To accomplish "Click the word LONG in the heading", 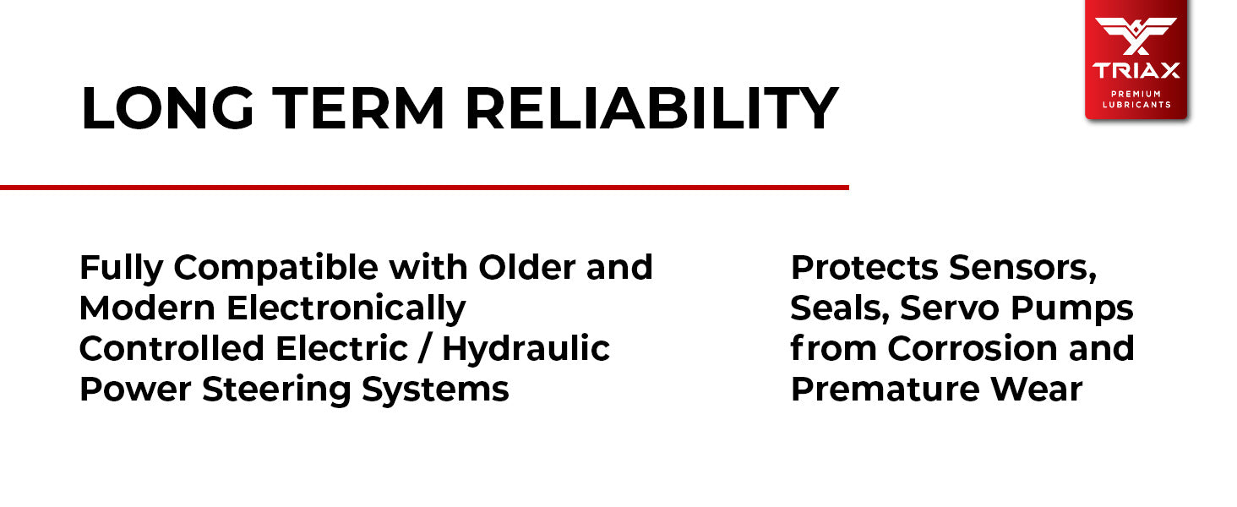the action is point(168,108).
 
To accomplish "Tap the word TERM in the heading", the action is point(358,108).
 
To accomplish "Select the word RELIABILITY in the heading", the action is point(652,108).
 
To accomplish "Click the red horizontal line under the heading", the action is point(424,188).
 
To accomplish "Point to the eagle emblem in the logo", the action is point(1136,35).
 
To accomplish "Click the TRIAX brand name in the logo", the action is point(1136,71).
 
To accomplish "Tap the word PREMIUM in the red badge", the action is point(1136,94).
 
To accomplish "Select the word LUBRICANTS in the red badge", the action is point(1136,105).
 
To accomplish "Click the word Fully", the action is point(122,269).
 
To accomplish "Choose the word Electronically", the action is point(346,309).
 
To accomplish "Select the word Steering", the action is point(276,390).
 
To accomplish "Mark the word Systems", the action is point(435,390).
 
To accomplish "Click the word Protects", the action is point(864,268).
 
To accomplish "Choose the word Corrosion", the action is point(973,349).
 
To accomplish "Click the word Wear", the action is point(1036,390).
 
